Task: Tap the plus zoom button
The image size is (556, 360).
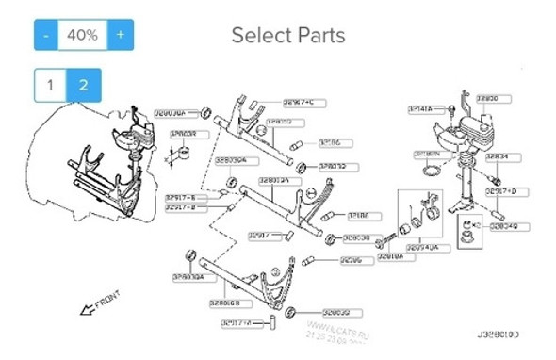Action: point(120,35)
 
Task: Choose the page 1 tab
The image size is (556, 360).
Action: point(50,85)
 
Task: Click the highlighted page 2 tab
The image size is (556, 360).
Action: point(83,85)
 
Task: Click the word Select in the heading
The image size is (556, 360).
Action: point(263,36)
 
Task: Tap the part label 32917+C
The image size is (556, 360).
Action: point(299,101)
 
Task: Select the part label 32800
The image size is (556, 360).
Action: point(488,97)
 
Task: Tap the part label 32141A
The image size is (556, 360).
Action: point(420,109)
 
